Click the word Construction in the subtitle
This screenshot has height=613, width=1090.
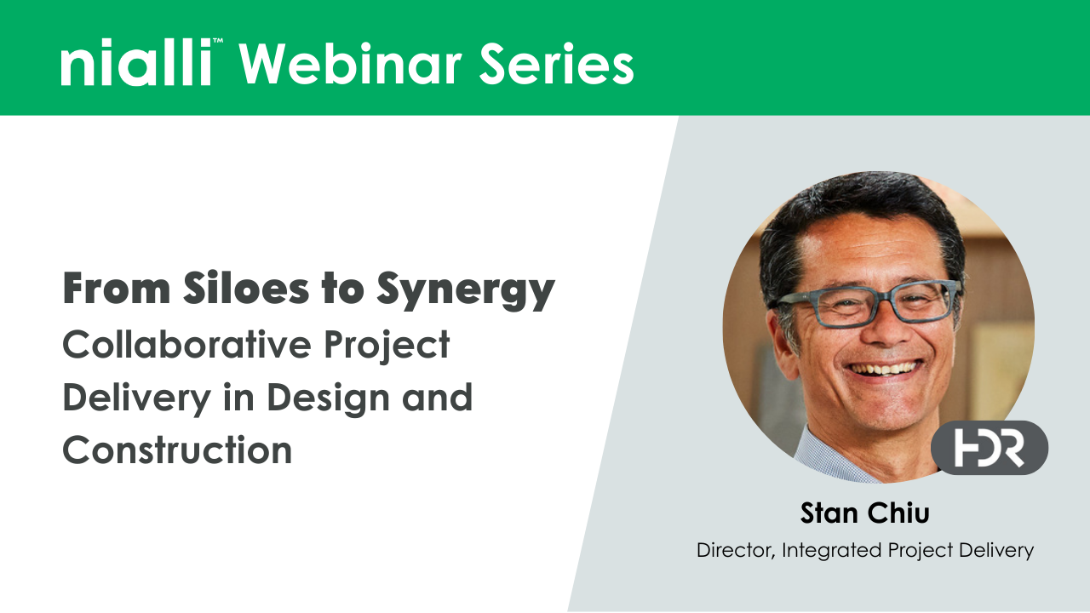(x=177, y=450)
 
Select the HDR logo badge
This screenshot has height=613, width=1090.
(x=989, y=447)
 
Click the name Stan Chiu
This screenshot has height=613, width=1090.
(x=864, y=513)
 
